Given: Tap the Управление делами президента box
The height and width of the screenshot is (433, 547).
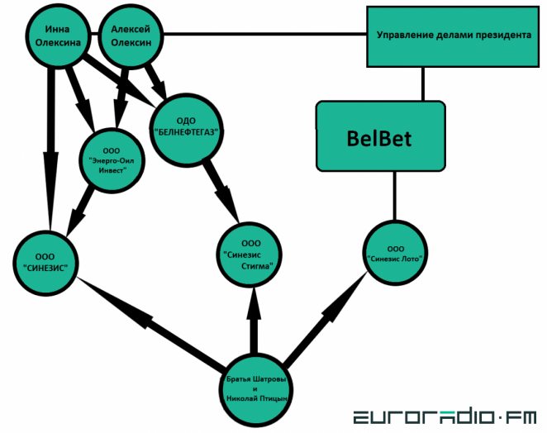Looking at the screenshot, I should click(447, 36).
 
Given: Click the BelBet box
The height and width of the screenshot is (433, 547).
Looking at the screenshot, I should click(379, 137).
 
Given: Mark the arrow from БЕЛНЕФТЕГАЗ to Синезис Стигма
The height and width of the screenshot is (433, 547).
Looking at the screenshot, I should click(219, 188).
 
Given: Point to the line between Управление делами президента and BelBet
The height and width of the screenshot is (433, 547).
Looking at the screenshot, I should click(423, 83).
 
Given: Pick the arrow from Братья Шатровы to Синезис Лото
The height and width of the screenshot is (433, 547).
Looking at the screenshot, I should click(326, 314).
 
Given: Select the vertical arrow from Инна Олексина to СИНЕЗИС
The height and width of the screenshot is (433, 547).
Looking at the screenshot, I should click(50, 149).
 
